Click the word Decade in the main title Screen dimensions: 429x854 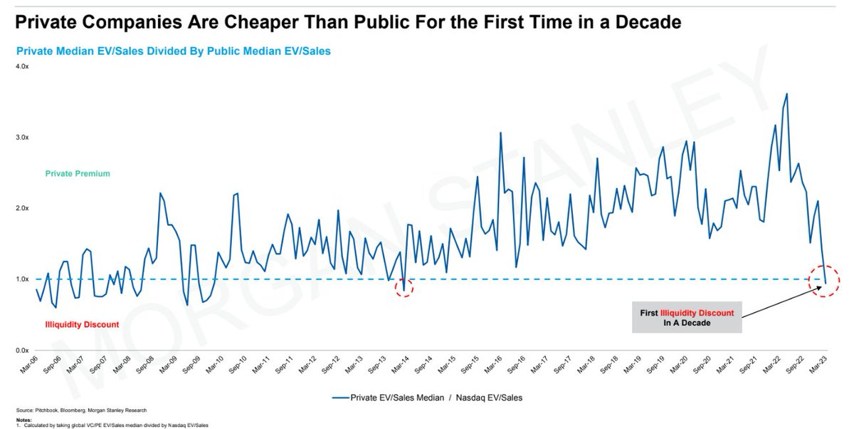[643, 23]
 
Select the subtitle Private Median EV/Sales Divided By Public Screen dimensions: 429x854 [173, 51]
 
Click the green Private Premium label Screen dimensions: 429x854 [78, 174]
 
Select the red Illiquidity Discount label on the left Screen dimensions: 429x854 [82, 324]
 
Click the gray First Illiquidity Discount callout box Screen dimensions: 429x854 [686, 316]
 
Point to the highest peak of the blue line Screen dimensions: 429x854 [786, 93]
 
